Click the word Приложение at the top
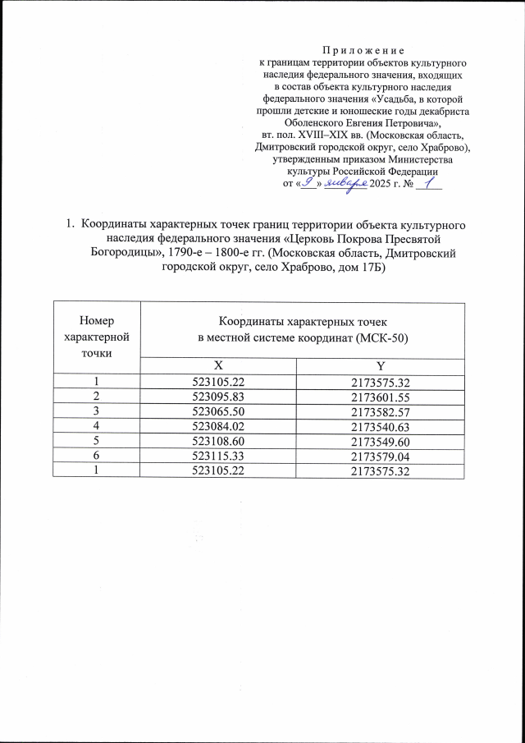(x=364, y=50)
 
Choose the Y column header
(x=378, y=365)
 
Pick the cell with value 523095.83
(x=217, y=395)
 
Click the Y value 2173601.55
(x=380, y=395)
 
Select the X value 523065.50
(x=217, y=410)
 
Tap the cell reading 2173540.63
(x=380, y=424)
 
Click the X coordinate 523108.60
(x=217, y=439)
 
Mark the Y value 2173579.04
(x=380, y=454)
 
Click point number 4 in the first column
(x=96, y=424)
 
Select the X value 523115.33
(x=217, y=454)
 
